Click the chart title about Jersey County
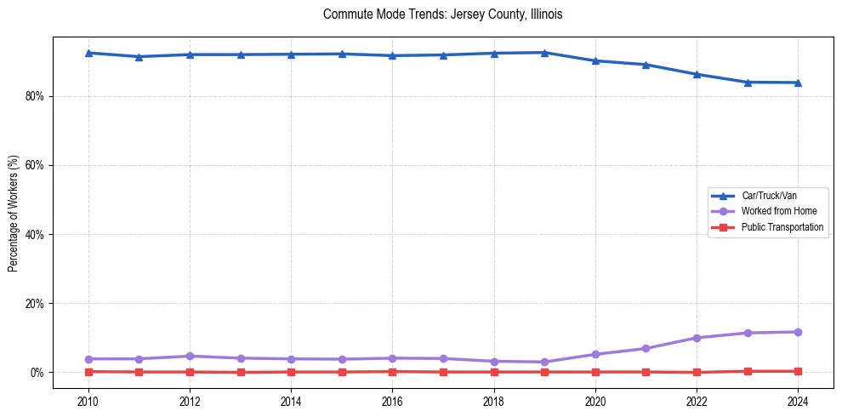[442, 14]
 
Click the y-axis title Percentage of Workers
[13, 214]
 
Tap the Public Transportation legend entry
[782, 227]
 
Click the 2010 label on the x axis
[88, 400]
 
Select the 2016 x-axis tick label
[392, 400]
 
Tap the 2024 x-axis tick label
[798, 400]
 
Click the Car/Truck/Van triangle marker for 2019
[544, 53]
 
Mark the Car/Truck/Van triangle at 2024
[798, 83]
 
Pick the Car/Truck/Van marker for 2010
[88, 53]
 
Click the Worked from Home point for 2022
[697, 338]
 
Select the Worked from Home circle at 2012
[190, 356]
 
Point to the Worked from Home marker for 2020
[595, 354]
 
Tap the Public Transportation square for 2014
[291, 372]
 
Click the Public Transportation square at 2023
[748, 371]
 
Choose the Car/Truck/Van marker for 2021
[646, 65]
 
